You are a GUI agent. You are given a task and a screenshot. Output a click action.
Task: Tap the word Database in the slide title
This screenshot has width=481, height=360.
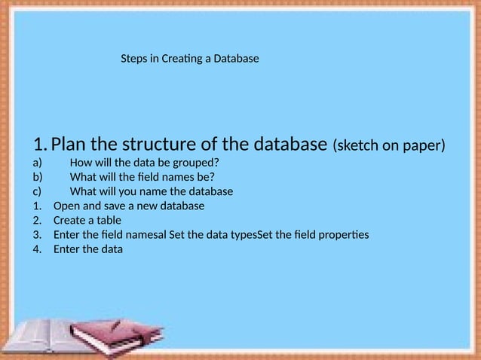(x=235, y=58)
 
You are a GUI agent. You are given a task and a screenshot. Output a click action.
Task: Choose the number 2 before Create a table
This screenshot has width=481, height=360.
(x=35, y=220)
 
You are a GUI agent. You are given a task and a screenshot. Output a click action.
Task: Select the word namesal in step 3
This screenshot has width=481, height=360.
(x=147, y=234)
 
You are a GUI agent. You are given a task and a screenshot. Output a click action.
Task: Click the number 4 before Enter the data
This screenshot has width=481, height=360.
(x=35, y=249)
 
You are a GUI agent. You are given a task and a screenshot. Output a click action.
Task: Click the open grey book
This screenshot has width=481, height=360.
(x=45, y=337)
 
